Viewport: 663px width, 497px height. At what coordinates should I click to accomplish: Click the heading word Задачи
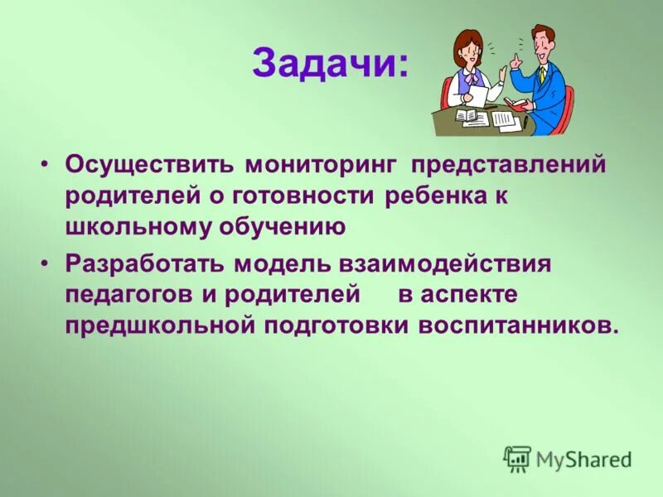pyautogui.click(x=330, y=65)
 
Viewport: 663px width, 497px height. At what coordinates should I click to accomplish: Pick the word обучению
pyautogui.click(x=281, y=227)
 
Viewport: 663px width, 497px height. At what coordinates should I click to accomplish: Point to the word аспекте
pyautogui.click(x=469, y=294)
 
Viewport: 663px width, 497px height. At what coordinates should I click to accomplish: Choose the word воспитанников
pyautogui.click(x=507, y=326)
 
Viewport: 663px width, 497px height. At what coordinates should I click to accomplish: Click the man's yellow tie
pyautogui.click(x=543, y=75)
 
